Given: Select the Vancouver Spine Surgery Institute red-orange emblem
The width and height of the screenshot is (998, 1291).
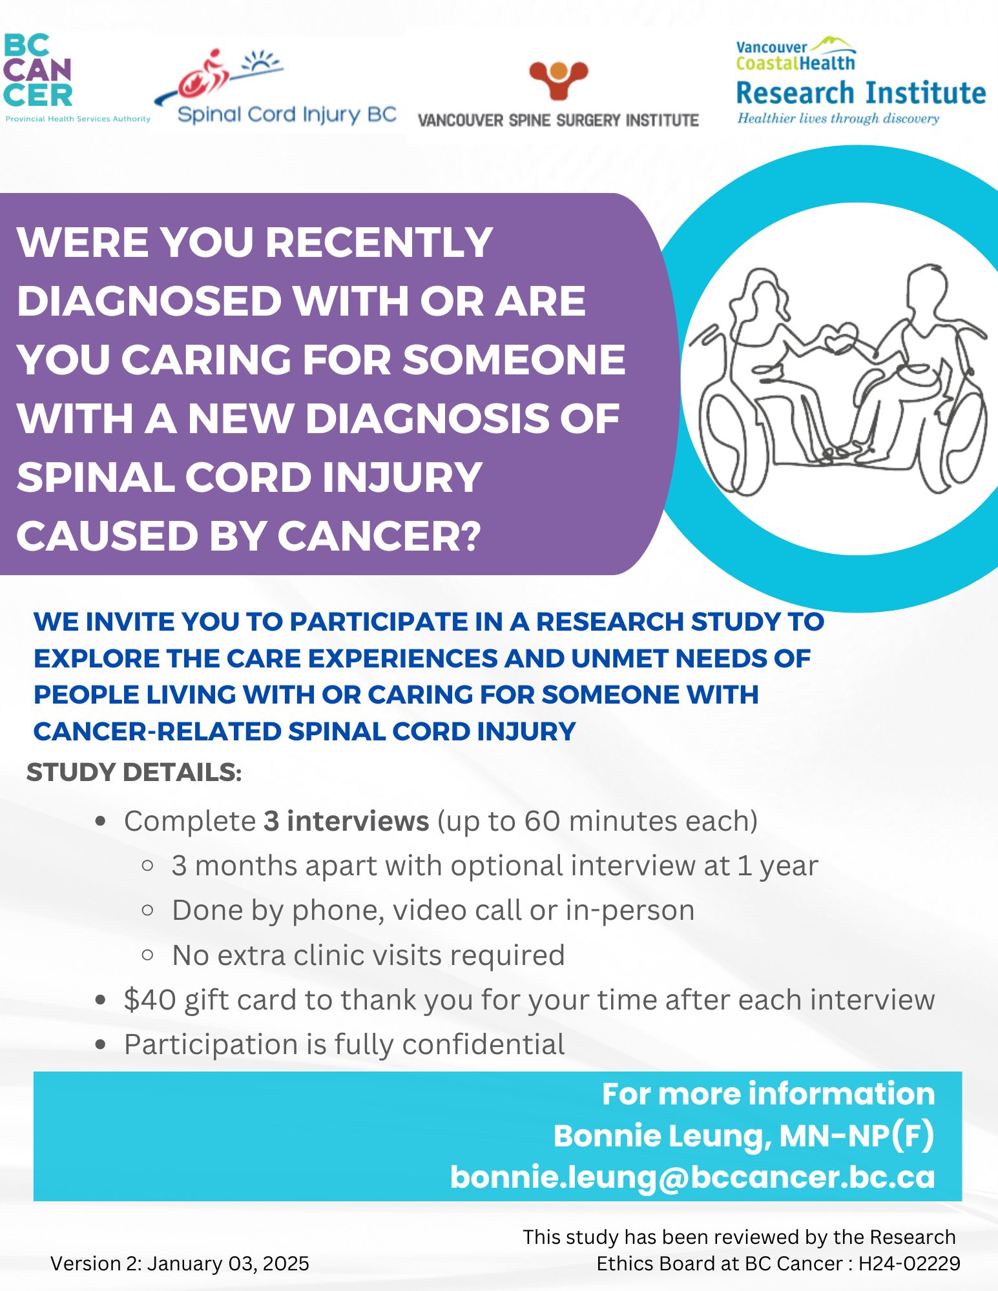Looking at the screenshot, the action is (x=558, y=79).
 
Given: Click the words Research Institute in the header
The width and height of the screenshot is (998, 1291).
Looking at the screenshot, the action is (x=861, y=93).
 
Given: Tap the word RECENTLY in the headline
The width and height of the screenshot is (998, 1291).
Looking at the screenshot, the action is (x=379, y=242).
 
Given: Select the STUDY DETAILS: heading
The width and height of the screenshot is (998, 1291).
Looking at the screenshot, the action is (x=134, y=772).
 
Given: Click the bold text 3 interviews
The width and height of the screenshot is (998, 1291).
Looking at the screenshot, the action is (x=346, y=821).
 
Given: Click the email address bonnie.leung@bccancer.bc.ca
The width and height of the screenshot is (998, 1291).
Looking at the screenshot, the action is (x=692, y=1177).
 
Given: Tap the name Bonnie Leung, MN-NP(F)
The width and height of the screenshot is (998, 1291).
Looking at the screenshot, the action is (x=744, y=1136).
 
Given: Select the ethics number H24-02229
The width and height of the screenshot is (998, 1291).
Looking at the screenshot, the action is (x=910, y=1263).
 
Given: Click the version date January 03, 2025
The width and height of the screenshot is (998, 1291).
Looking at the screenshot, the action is (x=228, y=1263).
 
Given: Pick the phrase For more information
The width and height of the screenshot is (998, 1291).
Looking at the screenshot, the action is (x=769, y=1094).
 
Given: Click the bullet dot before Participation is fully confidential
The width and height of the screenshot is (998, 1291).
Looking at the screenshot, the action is (x=100, y=1044).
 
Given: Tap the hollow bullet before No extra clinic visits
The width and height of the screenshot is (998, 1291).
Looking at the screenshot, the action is (x=147, y=954).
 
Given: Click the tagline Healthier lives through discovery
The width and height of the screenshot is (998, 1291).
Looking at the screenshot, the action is (x=838, y=119).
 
